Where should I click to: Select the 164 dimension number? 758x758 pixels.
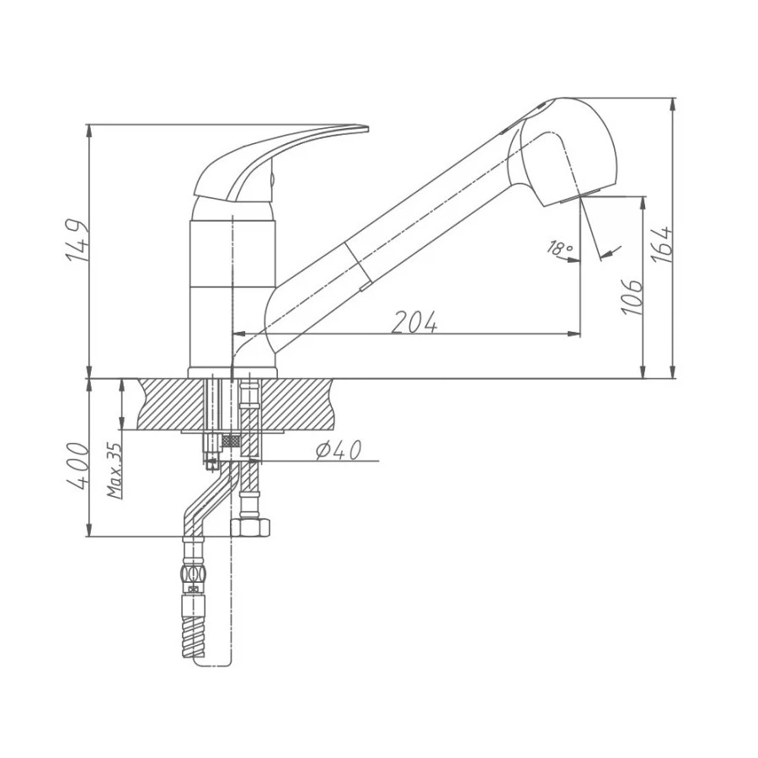coord(661,244)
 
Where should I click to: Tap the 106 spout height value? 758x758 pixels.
coord(633,296)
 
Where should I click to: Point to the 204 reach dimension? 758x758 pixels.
coord(414,322)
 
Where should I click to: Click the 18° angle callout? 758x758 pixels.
coord(559,248)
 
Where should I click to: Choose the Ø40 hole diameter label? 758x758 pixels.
coord(339,451)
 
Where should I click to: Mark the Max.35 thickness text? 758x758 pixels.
coord(114,471)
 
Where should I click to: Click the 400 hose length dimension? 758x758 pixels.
coord(77,466)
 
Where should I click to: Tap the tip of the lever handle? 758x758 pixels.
coord(367,129)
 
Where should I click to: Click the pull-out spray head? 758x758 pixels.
coord(563,152)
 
